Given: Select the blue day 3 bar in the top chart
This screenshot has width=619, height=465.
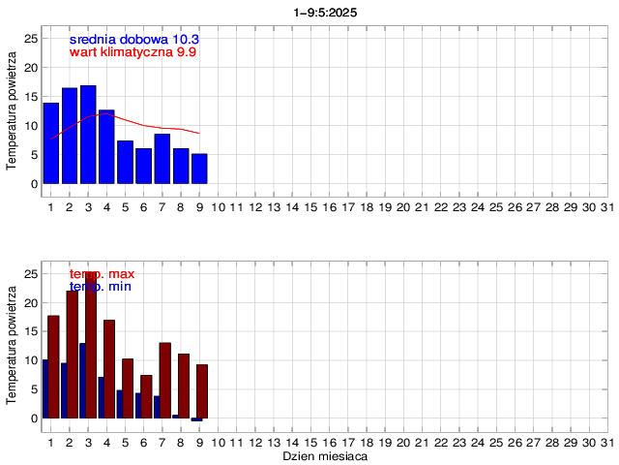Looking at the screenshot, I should (88, 135).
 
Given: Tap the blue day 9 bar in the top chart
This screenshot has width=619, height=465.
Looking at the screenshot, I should (199, 169).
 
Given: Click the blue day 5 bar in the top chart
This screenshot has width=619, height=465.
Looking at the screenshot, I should (125, 162).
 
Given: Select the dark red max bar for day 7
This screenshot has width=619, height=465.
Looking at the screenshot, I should (165, 380).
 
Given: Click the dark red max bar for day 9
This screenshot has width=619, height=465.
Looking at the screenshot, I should (202, 390).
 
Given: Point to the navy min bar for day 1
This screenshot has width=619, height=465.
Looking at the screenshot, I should (44, 388).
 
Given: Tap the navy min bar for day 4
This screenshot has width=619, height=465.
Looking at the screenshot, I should (101, 397).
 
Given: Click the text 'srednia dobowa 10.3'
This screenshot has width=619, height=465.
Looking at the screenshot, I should (134, 39).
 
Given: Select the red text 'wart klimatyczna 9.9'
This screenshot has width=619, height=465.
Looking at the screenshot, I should (133, 52).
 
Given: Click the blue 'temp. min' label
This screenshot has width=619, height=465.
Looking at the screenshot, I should (101, 287).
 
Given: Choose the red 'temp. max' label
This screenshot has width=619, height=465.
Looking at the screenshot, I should (102, 274).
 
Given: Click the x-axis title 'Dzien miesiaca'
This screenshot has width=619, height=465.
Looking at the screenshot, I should (324, 455).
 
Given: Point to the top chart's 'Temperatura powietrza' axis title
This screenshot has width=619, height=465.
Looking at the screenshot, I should (12, 112).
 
